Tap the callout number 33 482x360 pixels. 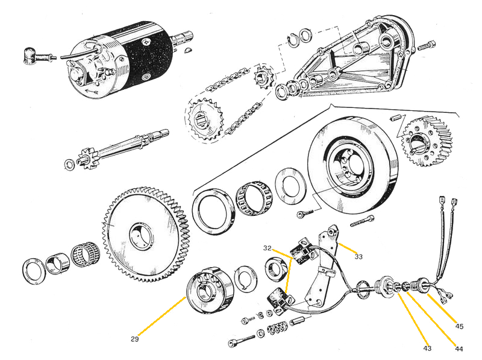click(359, 256)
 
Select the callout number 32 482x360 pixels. click(267, 248)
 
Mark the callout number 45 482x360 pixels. click(459, 326)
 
